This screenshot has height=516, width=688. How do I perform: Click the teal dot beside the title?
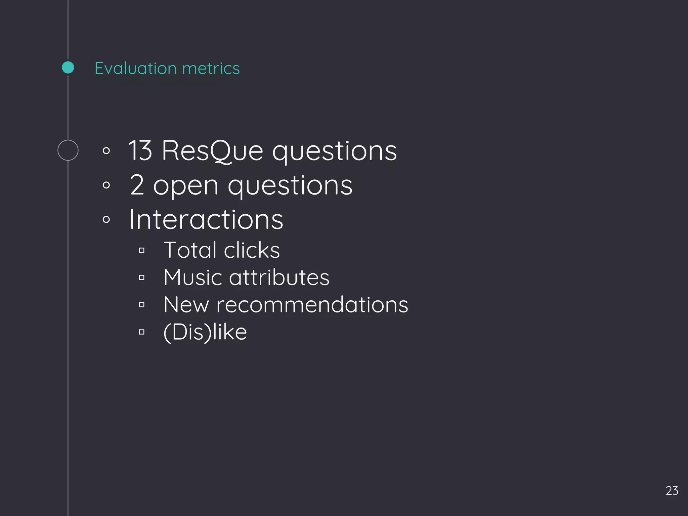(x=68, y=68)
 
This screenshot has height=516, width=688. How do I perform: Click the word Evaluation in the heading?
(x=136, y=68)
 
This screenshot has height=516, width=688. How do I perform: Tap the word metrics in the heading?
(x=211, y=68)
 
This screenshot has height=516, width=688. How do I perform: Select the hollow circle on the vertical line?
(x=68, y=150)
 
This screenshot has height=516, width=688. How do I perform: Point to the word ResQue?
(x=212, y=151)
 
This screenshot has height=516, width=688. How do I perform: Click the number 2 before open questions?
(x=137, y=185)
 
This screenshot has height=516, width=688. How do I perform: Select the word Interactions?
(x=206, y=219)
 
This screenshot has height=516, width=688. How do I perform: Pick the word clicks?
(x=252, y=250)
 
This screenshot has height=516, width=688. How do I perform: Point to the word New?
(x=186, y=305)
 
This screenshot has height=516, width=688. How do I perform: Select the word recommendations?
(x=312, y=305)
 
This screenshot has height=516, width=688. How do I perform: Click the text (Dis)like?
(x=205, y=332)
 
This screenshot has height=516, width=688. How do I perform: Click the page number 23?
(x=672, y=491)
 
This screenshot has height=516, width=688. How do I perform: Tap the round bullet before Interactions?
(x=106, y=220)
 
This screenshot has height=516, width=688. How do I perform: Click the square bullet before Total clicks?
(x=142, y=250)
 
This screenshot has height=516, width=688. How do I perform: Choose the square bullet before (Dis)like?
(x=142, y=332)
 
